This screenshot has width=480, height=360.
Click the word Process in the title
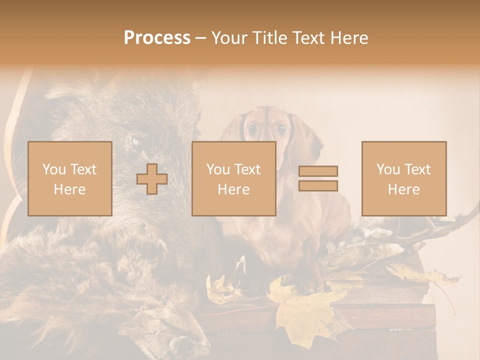(x=157, y=38)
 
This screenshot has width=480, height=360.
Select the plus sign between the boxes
(x=152, y=179)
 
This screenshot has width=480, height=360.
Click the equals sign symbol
(x=318, y=178)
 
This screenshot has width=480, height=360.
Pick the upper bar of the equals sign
(x=318, y=171)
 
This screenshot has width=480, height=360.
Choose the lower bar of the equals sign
(x=318, y=186)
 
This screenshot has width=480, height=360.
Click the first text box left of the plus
(x=69, y=178)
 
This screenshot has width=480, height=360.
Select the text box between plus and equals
(x=233, y=178)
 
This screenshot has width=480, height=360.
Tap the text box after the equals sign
(x=403, y=178)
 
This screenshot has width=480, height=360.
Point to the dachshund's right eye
(x=281, y=128)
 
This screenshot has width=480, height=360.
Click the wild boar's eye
(x=136, y=143)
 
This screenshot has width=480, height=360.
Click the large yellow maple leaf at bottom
(x=305, y=310)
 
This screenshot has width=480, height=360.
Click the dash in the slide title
(x=200, y=38)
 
